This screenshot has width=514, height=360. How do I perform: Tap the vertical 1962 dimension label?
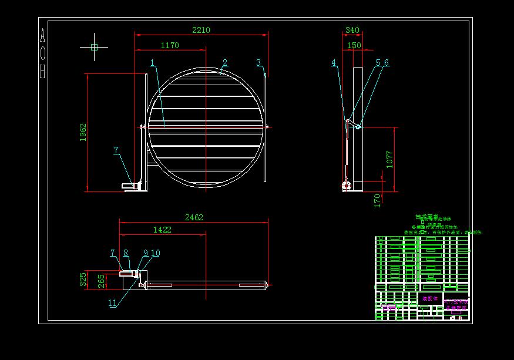pyautogui.click(x=83, y=133)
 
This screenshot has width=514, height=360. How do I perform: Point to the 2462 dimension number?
pyautogui.click(x=194, y=217)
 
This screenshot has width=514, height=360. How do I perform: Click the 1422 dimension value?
pyautogui.click(x=162, y=230)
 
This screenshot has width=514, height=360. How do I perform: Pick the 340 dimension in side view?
pyautogui.click(x=352, y=30)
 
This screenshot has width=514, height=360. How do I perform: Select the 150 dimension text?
pyautogui.click(x=354, y=45)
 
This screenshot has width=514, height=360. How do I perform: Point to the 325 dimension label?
pyautogui.click(x=83, y=279)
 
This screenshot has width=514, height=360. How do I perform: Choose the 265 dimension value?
pyautogui.click(x=100, y=281)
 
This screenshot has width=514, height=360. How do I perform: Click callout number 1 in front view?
pyautogui.click(x=152, y=62)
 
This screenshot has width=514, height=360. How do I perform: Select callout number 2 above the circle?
pyautogui.click(x=224, y=62)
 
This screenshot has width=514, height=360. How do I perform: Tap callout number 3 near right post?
pyautogui.click(x=258, y=62)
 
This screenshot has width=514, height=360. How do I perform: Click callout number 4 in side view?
pyautogui.click(x=334, y=63)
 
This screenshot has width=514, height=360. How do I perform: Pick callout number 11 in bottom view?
pyautogui.click(x=112, y=303)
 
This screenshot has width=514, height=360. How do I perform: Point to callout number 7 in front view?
pyautogui.click(x=116, y=150)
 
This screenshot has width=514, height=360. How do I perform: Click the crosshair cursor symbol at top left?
pyautogui.click(x=94, y=48)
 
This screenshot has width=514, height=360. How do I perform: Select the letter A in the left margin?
pyautogui.click(x=42, y=36)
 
